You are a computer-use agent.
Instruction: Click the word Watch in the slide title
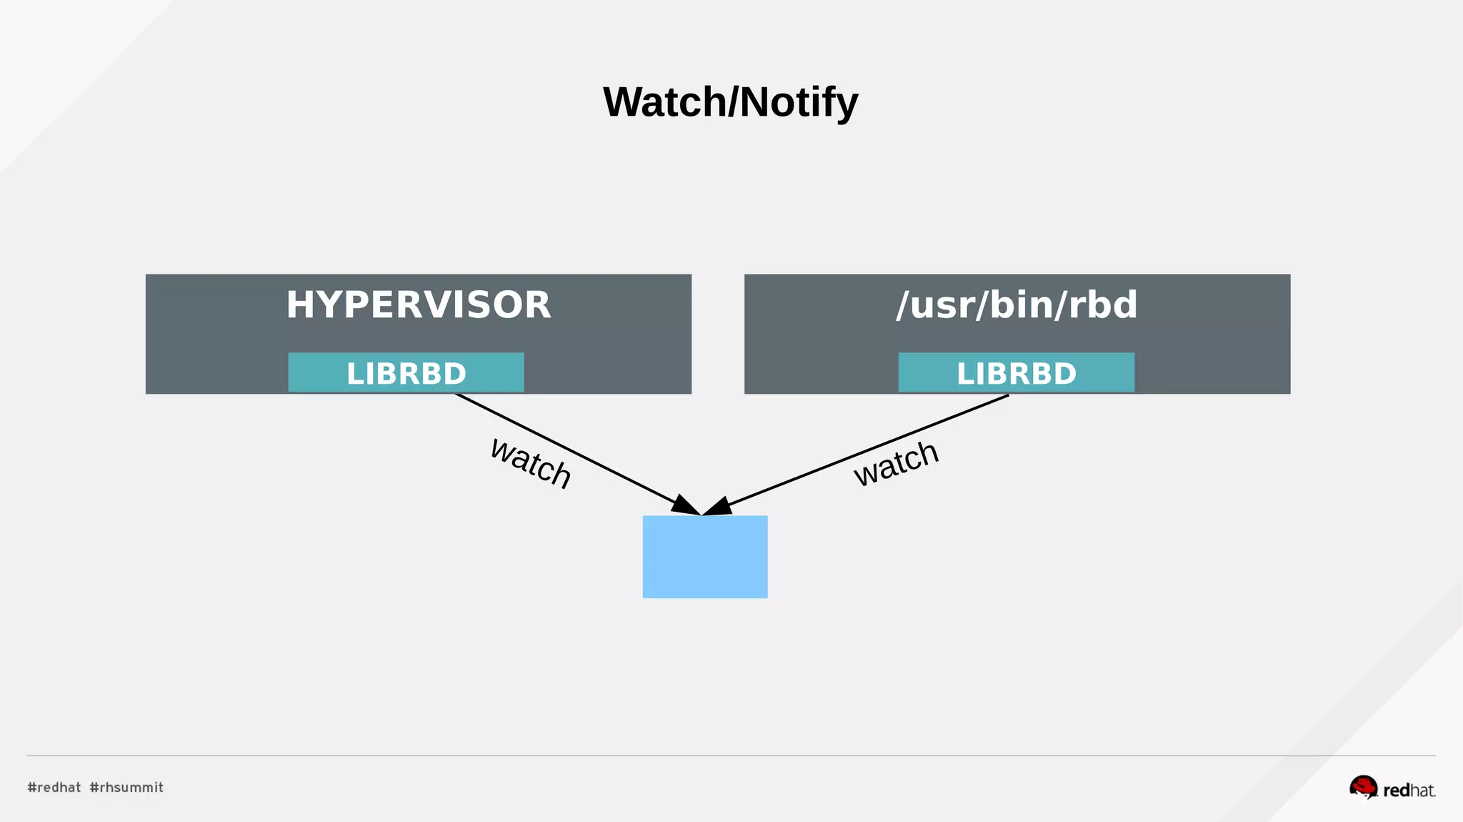pos(664,102)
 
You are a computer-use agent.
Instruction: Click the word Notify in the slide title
pos(799,102)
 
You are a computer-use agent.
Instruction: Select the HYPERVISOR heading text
pos(419,304)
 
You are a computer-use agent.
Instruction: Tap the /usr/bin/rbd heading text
pos(1017,304)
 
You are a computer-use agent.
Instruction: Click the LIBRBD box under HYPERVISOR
pos(406,372)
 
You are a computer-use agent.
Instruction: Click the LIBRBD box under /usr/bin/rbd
pos(1016,372)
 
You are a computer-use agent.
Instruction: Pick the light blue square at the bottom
pos(705,557)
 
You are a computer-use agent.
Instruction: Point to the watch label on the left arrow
pos(531,463)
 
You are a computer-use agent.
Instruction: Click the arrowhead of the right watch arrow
pos(718,507)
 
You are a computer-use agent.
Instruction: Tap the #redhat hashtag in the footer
pos(54,787)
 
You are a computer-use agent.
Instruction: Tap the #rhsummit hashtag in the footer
pos(126,787)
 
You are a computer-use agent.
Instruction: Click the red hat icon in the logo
pos(1363,787)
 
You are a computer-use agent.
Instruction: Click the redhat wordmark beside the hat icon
pos(1409,791)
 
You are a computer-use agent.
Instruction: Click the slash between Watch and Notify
pos(733,102)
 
